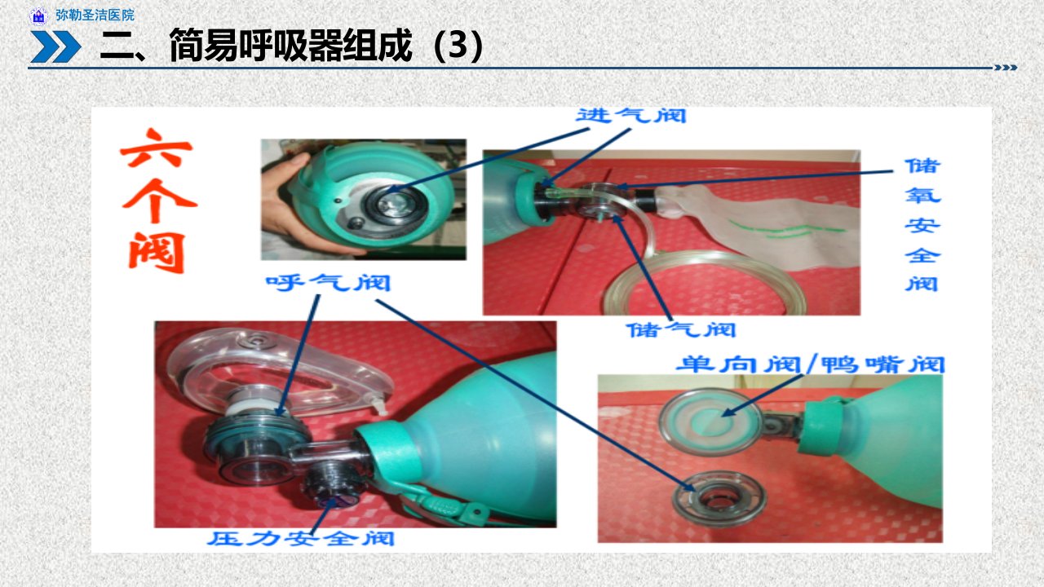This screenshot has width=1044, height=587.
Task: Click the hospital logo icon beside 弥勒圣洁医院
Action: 38,15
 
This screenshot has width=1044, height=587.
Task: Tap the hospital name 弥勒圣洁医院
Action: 95,15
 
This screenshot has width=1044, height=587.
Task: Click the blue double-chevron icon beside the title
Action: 55,46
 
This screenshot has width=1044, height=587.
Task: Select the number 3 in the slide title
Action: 458,45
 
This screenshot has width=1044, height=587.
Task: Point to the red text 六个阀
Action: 157,201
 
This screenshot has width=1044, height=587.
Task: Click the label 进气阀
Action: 631,116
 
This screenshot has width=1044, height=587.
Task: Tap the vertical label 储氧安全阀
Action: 922,225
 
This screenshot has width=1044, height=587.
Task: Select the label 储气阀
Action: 681,330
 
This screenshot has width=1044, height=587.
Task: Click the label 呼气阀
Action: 328,283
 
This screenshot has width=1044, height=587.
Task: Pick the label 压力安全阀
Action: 301,539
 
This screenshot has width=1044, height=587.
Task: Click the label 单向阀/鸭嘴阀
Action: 811,364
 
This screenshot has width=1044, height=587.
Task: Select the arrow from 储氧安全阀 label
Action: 756,179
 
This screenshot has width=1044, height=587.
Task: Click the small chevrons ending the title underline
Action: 1006,68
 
